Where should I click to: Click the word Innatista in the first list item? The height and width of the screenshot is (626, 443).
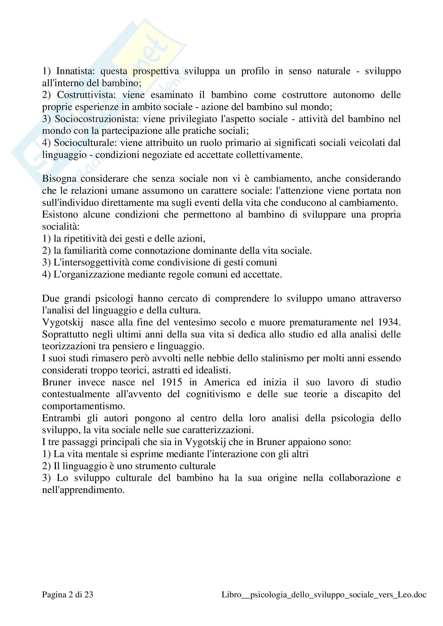[x=75, y=71]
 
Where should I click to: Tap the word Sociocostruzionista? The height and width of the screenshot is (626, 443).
[x=97, y=119]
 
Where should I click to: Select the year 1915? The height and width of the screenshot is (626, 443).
[x=172, y=382]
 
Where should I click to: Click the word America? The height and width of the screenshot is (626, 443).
[x=222, y=382]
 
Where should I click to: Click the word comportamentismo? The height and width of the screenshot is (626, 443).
[x=83, y=406]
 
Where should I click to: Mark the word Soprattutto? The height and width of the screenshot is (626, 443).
[x=65, y=334]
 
